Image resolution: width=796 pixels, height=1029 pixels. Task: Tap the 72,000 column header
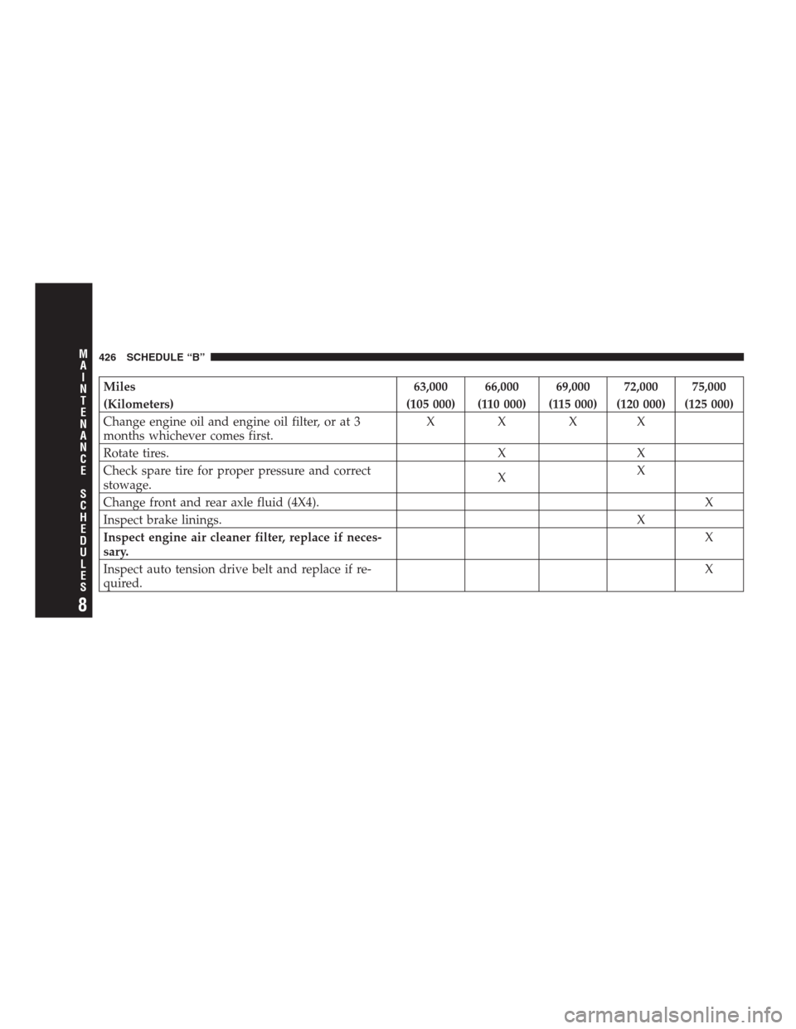(x=640, y=386)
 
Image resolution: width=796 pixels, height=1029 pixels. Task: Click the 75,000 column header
(x=709, y=386)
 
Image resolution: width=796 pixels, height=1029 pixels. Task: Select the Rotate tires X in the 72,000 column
(x=640, y=452)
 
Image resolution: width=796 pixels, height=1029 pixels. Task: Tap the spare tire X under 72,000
(x=640, y=470)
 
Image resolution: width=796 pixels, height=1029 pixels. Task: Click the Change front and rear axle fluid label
(x=208, y=502)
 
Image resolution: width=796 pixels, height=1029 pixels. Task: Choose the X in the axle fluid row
(x=709, y=502)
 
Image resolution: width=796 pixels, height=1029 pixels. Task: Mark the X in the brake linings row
(x=640, y=519)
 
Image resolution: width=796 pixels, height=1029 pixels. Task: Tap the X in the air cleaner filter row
(x=709, y=536)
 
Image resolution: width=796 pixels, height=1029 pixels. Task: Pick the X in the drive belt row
(x=709, y=569)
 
